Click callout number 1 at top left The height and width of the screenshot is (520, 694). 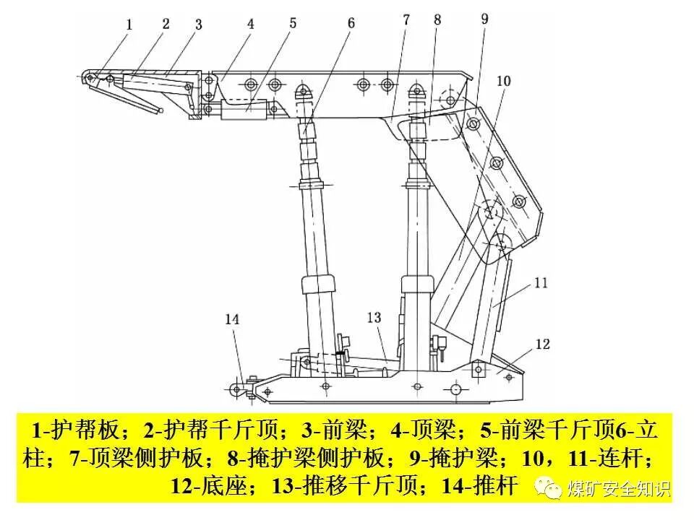[129, 25]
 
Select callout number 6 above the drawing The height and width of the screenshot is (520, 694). [351, 22]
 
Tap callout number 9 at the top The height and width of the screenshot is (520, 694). [484, 19]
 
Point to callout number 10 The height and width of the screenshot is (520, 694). [503, 81]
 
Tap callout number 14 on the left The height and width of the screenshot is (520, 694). [231, 318]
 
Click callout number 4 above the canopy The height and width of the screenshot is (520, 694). [250, 23]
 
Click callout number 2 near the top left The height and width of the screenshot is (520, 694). [166, 23]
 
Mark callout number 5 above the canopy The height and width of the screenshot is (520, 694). [293, 23]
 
